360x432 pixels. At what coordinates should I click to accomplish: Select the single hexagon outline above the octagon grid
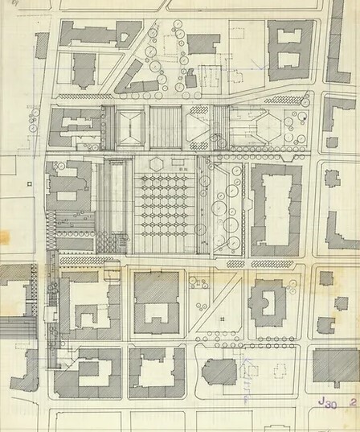159,162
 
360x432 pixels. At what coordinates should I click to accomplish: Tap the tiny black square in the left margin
29,184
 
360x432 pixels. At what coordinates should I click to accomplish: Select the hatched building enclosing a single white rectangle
157,301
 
